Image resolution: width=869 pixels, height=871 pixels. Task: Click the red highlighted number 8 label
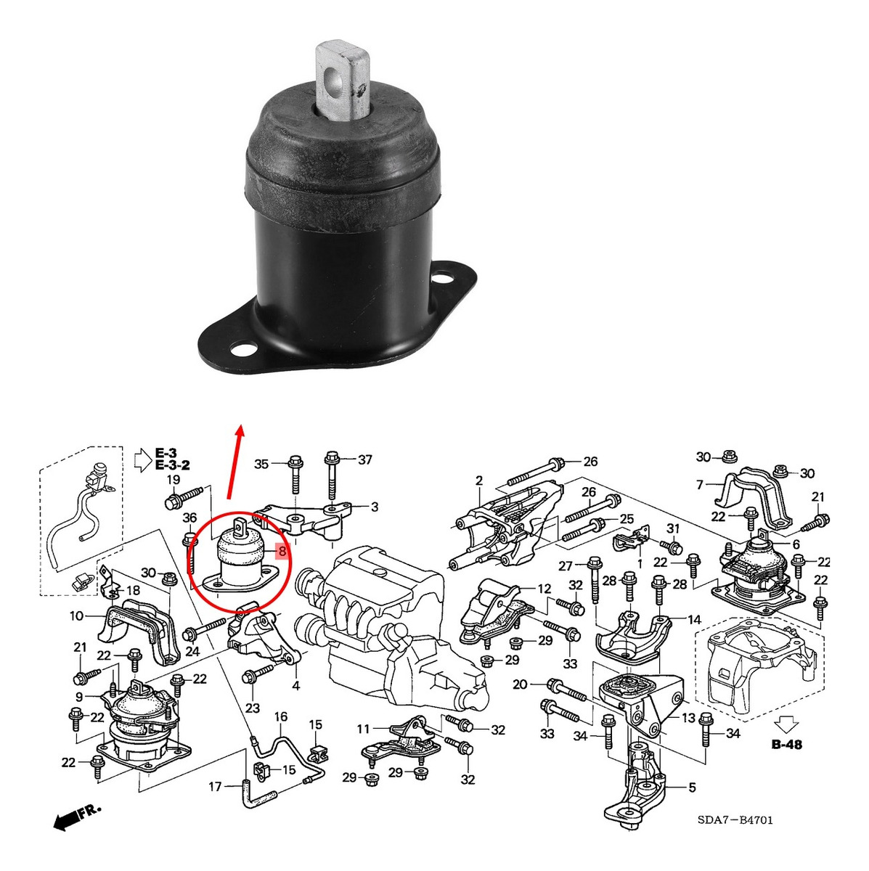[x=282, y=551]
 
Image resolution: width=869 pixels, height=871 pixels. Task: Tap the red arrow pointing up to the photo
[x=235, y=462]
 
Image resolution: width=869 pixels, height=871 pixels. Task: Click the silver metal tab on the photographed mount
[x=342, y=78]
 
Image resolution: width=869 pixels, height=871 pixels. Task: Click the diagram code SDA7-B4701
[x=735, y=807]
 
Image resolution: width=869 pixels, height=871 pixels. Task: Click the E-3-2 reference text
[x=172, y=465]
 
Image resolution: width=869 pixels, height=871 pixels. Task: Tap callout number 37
[x=364, y=459]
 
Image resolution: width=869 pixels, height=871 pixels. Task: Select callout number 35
[x=261, y=464]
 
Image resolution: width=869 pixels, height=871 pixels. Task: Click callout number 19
[x=174, y=480]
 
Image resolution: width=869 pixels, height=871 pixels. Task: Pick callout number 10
[x=76, y=616]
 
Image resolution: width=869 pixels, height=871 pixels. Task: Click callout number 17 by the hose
[x=215, y=787]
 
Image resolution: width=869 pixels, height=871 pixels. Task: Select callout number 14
[x=694, y=620]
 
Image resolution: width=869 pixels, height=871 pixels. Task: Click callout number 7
[x=699, y=485]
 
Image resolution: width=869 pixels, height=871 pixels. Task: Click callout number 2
[x=479, y=481]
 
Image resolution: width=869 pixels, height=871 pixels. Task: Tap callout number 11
[x=363, y=729]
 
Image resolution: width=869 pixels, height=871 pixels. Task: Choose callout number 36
[x=190, y=518]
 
